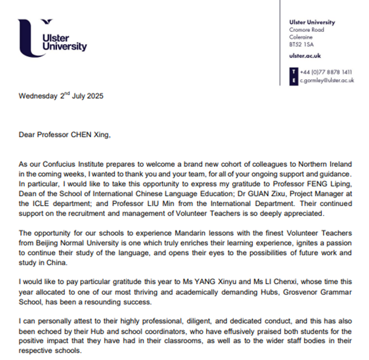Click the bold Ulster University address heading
(x=312, y=22)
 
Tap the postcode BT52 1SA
(x=301, y=44)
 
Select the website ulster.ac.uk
(x=305, y=56)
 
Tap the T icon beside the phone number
(x=293, y=72)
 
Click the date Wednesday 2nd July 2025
(x=61, y=96)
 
